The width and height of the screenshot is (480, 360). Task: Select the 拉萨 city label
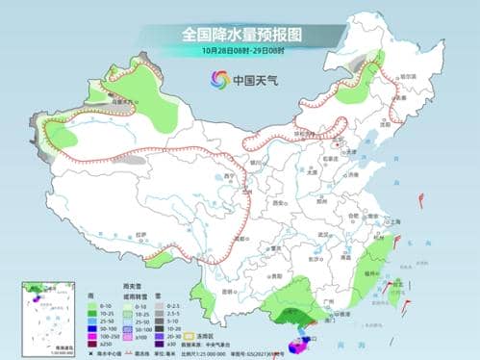point(141,234)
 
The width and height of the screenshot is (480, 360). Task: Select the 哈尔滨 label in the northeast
point(409,76)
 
